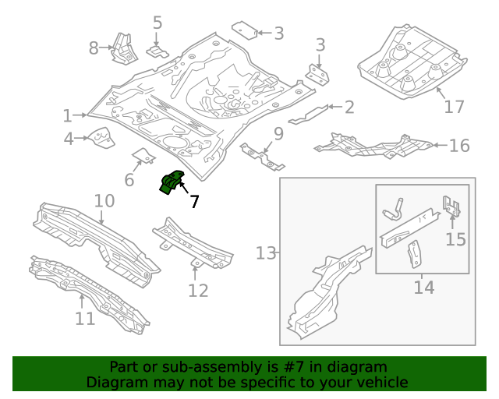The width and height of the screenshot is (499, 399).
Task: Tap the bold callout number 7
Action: pyautogui.click(x=194, y=202)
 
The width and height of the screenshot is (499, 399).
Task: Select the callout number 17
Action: pyautogui.click(x=454, y=106)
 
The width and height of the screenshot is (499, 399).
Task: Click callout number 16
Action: pyautogui.click(x=459, y=145)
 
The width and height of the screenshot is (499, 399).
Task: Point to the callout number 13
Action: pyautogui.click(x=266, y=252)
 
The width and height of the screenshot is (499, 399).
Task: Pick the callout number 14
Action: pyautogui.click(x=423, y=288)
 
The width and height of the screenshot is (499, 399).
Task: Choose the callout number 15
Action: pyautogui.click(x=455, y=238)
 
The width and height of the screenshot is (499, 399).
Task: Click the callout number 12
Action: pyautogui.click(x=198, y=291)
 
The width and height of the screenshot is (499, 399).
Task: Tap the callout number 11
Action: pyautogui.click(x=85, y=318)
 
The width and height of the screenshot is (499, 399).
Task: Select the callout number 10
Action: pyautogui.click(x=104, y=202)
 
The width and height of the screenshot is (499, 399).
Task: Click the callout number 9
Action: pyautogui.click(x=278, y=133)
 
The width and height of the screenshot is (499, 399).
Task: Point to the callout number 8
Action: pyautogui.click(x=94, y=48)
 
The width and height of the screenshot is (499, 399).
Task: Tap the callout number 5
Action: pyautogui.click(x=157, y=23)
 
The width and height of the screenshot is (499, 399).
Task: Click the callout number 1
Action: pyautogui.click(x=68, y=116)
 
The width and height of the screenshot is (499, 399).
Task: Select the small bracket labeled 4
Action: pyautogui.click(x=100, y=139)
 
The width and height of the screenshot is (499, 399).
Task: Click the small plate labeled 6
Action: pyautogui.click(x=143, y=155)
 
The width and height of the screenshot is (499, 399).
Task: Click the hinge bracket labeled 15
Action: pyautogui.click(x=451, y=207)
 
